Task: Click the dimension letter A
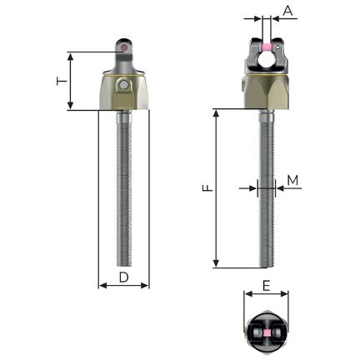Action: click(x=287, y=11)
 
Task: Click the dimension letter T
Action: click(x=62, y=82)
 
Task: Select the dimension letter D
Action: click(x=124, y=277)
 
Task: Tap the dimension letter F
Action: click(x=207, y=188)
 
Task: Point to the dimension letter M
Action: click(x=292, y=180)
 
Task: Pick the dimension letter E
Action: click(x=266, y=286)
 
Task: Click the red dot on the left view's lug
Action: click(x=124, y=47)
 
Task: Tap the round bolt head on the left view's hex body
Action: click(x=123, y=85)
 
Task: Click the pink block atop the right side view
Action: click(x=267, y=47)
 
